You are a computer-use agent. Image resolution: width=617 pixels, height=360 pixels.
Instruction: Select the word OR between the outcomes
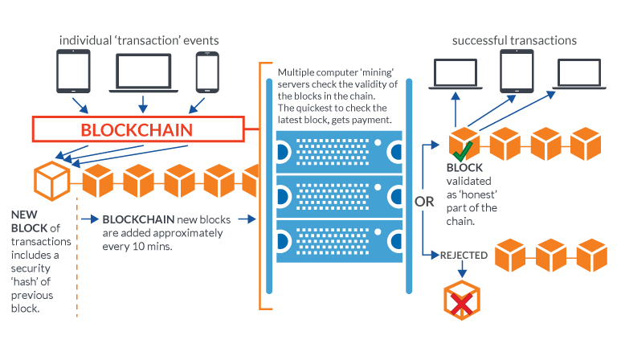[424, 201]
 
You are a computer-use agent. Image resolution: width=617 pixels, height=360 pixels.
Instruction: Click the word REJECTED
[464, 256]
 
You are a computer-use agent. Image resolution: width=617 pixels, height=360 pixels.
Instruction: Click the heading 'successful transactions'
[513, 40]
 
